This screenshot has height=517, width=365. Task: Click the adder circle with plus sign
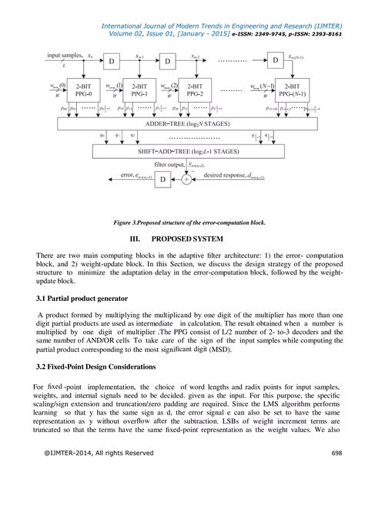[186, 178]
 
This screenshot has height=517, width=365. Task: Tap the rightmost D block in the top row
[276, 60]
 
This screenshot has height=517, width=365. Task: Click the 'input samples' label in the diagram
[64, 56]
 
